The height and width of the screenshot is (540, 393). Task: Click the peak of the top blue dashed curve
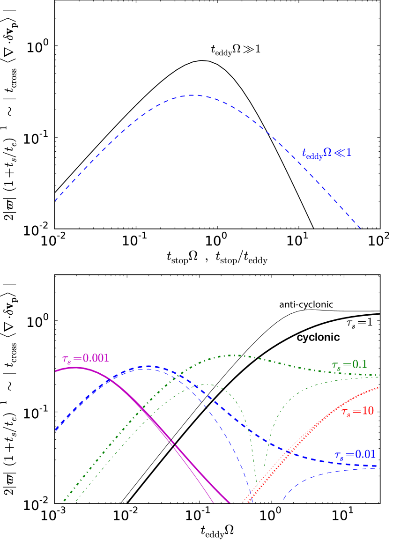[192, 95]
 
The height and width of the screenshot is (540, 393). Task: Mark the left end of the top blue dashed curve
[55, 200]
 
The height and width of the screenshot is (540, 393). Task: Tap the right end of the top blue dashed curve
[360, 228]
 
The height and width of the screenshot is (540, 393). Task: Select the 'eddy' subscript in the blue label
[315, 157]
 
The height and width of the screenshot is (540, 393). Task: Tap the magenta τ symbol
[66, 359]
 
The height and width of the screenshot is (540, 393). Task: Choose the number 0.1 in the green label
[360, 364]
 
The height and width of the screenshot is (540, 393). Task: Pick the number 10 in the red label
[368, 411]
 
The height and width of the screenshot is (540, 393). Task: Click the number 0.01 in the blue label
[365, 454]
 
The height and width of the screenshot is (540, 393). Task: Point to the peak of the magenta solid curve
[74, 368]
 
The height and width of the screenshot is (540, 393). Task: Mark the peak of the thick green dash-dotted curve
[234, 355]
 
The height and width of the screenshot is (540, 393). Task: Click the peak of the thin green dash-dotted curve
[206, 385]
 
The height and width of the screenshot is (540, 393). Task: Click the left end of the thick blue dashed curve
[55, 430]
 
